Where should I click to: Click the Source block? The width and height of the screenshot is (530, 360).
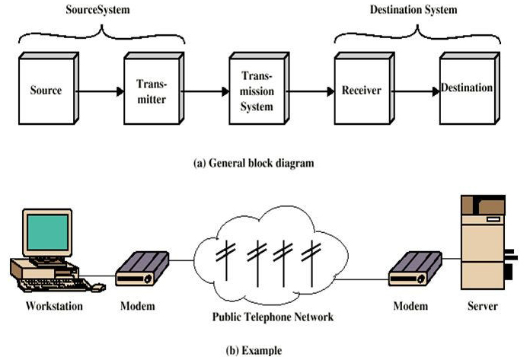click(x=46, y=91)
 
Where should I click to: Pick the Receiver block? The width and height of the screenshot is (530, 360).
click(x=361, y=91)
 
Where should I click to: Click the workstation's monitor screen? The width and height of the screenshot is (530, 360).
click(x=46, y=232)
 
